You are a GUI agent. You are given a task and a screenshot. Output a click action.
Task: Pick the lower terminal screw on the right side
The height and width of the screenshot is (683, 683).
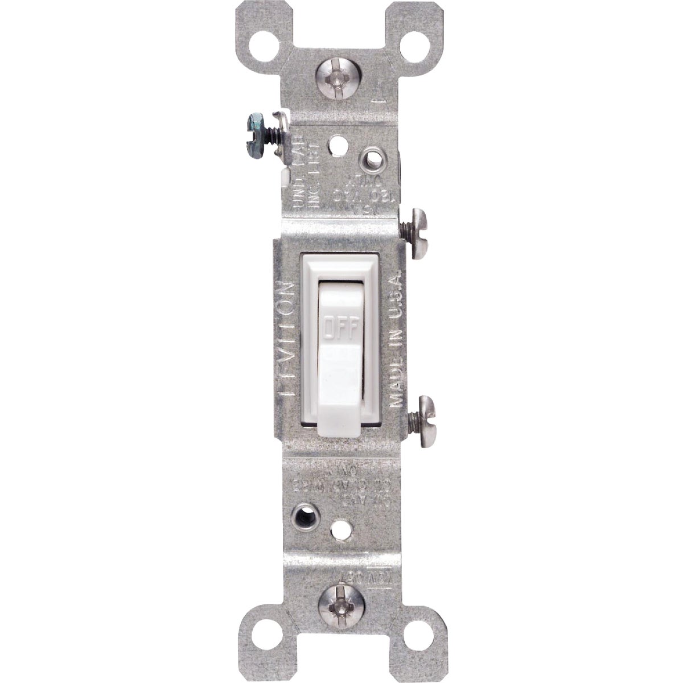pyautogui.click(x=419, y=414)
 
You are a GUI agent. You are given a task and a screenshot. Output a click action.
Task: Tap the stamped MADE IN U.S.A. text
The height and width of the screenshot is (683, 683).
pyautogui.click(x=396, y=336)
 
